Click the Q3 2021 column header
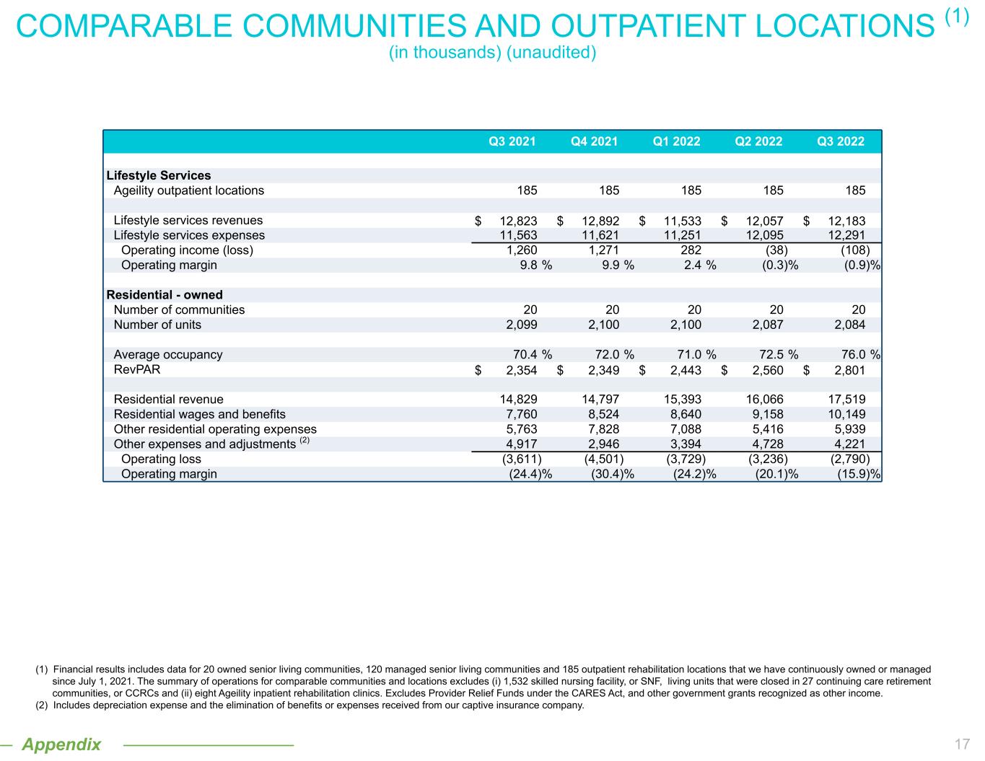(512, 141)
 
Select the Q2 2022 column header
(758, 141)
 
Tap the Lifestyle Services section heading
(159, 175)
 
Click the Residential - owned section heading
(165, 295)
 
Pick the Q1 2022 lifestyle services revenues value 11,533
(682, 221)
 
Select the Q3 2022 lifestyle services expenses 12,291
(846, 235)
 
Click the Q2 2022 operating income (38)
(774, 250)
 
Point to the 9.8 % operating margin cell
(535, 265)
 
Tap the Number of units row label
(157, 325)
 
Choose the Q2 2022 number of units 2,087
(764, 325)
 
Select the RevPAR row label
(137, 370)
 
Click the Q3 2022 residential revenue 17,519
(846, 400)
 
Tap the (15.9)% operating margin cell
(859, 474)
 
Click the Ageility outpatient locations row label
(189, 190)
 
